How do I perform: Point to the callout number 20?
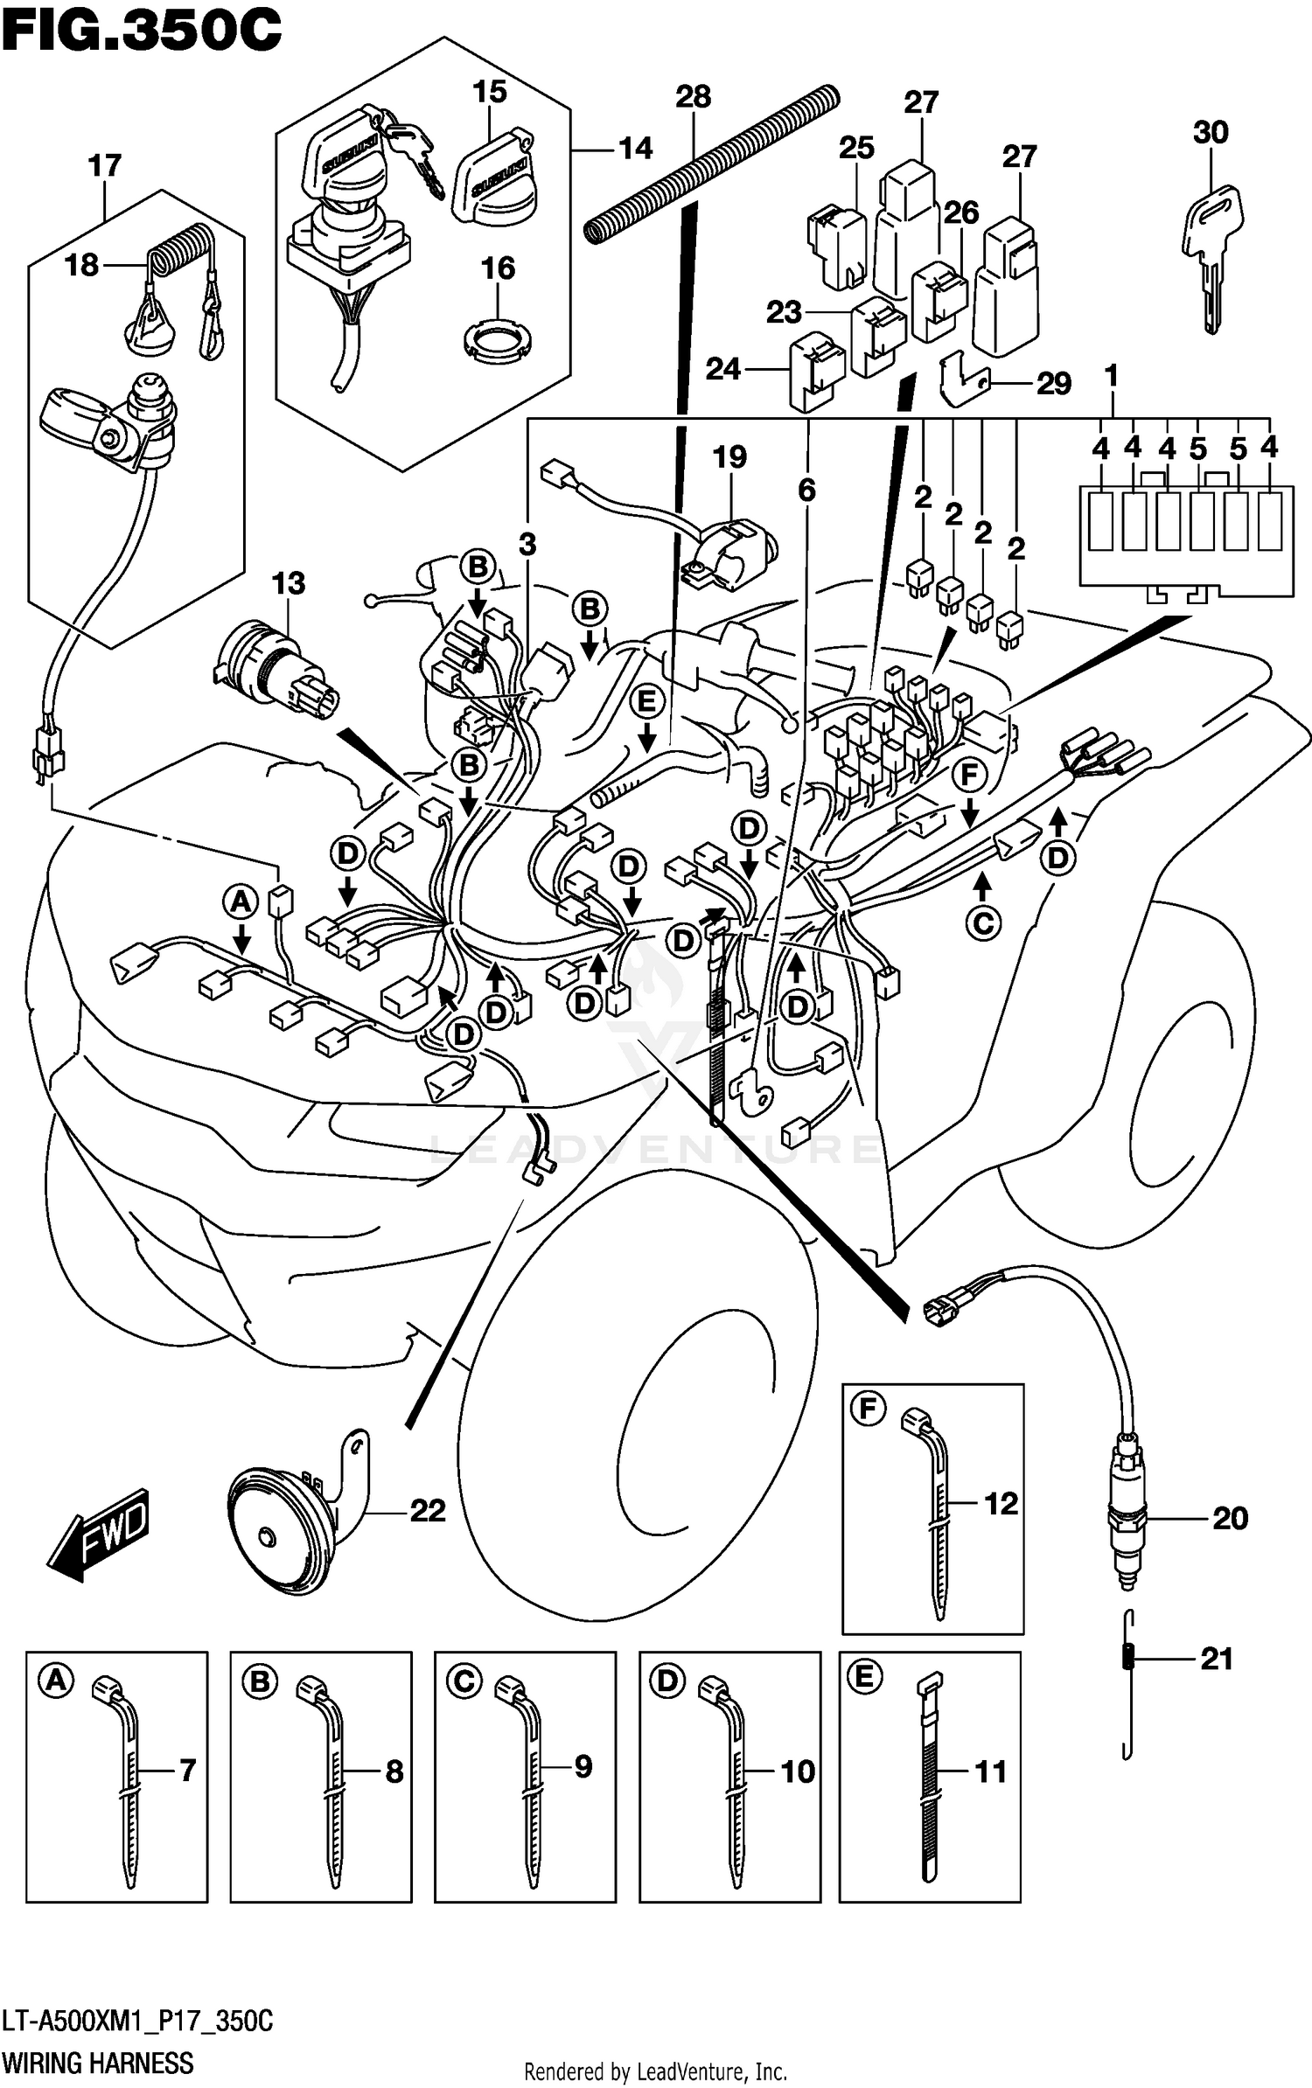click(1229, 1518)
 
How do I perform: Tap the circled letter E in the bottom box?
click(864, 1677)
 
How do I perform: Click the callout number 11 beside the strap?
click(990, 1771)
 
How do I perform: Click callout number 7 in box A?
click(186, 1771)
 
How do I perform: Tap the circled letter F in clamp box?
click(868, 1409)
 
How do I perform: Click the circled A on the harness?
click(241, 901)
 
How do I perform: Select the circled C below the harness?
click(982, 923)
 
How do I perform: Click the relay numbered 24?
click(815, 372)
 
